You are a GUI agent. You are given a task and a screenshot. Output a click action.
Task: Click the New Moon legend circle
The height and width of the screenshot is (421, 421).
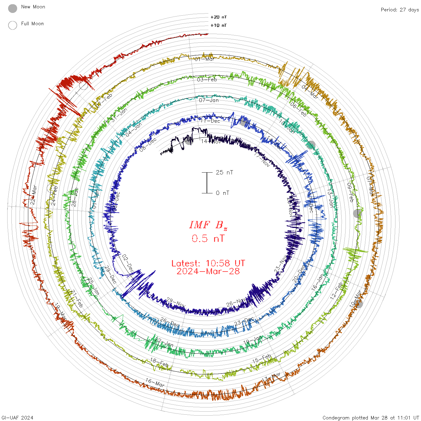[13, 8]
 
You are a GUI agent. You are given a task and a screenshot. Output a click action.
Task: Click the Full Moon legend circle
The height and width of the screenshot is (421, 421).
[13, 25]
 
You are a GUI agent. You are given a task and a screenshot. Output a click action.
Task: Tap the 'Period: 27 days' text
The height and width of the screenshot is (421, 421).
[400, 10]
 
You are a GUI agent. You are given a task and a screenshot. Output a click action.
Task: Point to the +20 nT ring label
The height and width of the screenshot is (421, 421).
[219, 17]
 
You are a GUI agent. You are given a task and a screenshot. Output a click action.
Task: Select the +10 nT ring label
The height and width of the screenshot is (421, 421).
[219, 25]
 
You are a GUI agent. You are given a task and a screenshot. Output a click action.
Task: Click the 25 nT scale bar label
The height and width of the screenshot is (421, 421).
[224, 172]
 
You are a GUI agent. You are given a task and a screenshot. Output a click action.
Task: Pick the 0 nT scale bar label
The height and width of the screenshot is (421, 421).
[223, 193]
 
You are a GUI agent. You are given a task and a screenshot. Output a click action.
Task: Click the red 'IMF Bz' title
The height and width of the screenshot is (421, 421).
[208, 225]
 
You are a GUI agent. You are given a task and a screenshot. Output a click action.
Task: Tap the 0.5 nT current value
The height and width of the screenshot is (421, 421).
[208, 238]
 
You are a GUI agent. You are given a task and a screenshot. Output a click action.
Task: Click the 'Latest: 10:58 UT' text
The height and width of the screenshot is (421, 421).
[208, 263]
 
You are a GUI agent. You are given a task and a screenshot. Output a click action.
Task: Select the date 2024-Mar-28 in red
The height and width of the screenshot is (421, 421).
[208, 271]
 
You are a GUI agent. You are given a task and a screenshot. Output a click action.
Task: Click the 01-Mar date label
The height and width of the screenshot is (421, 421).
[204, 59]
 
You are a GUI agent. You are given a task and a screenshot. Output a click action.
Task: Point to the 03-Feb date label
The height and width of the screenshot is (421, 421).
[207, 80]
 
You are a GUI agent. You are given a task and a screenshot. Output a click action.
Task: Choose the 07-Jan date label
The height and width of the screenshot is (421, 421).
[209, 100]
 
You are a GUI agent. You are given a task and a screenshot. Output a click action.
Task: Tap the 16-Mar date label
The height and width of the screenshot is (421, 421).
[155, 383]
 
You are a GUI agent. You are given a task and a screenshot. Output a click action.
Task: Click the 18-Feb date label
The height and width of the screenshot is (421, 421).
[159, 362]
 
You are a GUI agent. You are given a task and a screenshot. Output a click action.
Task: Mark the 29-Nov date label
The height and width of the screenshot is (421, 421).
[176, 303]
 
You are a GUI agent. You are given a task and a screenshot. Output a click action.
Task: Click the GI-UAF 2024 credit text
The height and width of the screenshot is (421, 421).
[17, 417]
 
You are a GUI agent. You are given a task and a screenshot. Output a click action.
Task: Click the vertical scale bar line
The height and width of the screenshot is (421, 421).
[207, 183]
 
